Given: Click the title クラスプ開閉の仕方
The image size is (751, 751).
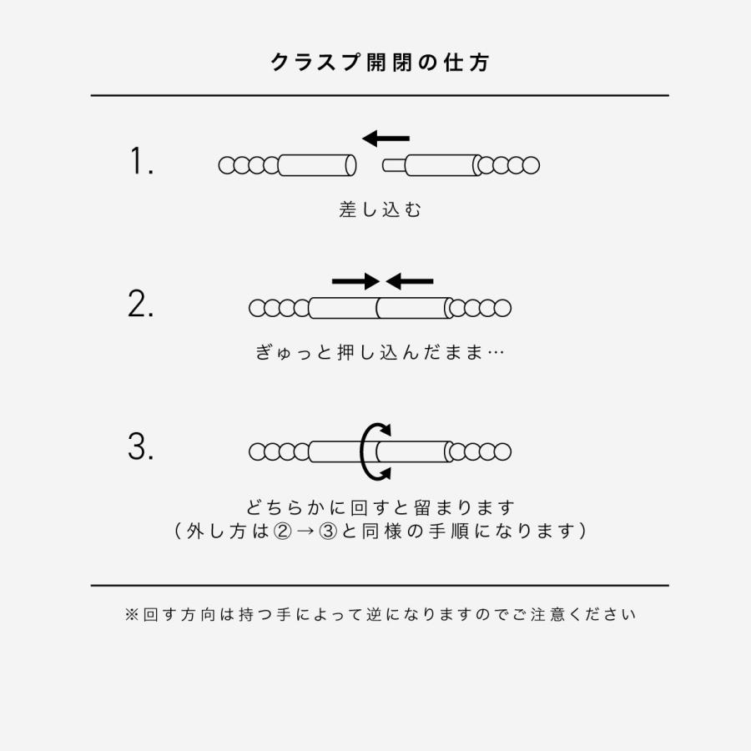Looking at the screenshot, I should tap(380, 63).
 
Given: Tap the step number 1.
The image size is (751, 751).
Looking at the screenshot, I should tap(142, 162).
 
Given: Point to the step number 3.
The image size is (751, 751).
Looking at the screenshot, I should tap(141, 447).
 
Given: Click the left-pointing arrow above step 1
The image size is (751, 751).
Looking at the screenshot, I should tap(386, 138).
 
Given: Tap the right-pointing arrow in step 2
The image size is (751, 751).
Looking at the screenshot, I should tap(355, 281).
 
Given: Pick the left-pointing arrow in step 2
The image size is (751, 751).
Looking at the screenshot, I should tap(410, 281).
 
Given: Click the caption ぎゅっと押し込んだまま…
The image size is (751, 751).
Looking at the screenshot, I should tap(380, 352).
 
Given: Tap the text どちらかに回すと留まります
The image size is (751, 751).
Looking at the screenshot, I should tap(381, 507).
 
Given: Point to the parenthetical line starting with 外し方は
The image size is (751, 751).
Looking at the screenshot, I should tap(381, 531).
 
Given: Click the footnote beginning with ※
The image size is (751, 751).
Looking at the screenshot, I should tap(381, 615).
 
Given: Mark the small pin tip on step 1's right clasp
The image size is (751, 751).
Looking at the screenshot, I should tap(389, 165).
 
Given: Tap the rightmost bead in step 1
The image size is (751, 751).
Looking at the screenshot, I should tap(531, 165).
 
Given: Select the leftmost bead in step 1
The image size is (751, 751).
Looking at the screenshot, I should tap(227, 165).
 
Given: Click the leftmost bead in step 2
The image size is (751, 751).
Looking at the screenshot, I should tap(258, 309).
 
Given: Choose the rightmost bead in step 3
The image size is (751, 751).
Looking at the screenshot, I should tap(502, 452).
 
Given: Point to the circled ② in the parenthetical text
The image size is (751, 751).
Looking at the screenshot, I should tap(282, 531).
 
